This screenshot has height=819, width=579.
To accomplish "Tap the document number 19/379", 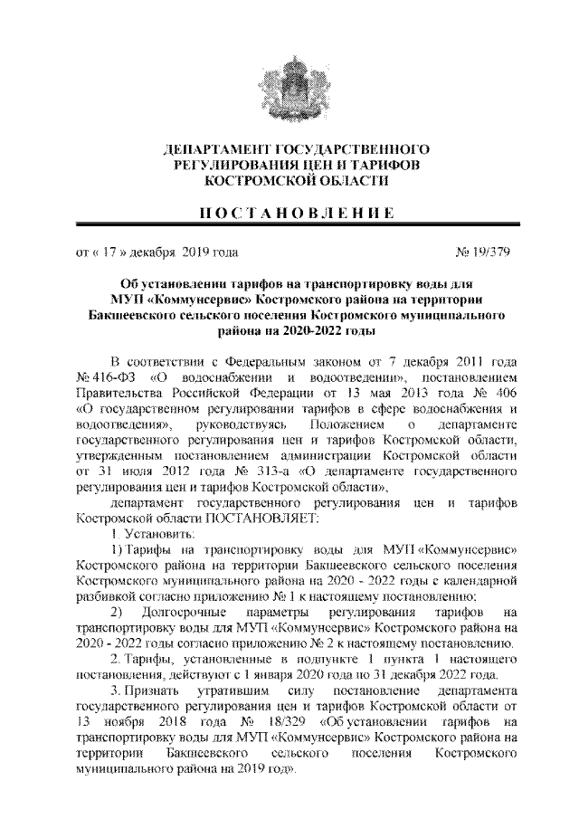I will (487, 252).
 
